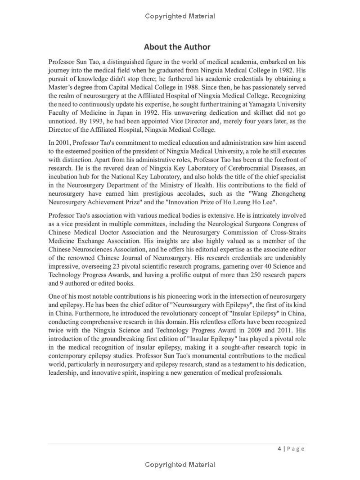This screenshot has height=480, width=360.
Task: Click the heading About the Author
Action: coord(177,47)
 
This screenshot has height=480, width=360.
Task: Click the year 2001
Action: coord(64,143)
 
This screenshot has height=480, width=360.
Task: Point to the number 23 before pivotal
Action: coord(129,266)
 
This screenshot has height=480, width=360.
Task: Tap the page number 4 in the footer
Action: coord(279,449)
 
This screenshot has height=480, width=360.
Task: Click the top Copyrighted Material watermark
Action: coord(180,16)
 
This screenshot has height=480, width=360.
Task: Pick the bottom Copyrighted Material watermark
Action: coord(180,465)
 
